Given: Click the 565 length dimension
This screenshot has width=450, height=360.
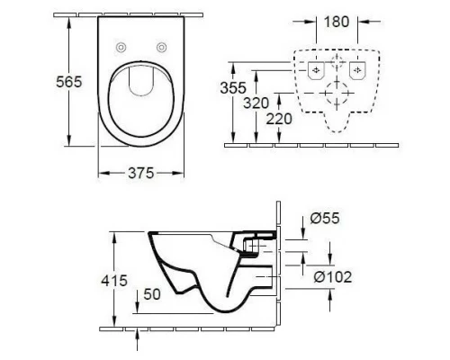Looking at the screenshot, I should pos(44,81).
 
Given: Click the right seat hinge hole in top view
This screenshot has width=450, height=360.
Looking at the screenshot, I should pos(162,47).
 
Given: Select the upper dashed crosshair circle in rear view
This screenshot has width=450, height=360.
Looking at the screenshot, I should pos(339,64).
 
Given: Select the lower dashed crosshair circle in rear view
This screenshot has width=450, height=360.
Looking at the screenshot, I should pos(339,94).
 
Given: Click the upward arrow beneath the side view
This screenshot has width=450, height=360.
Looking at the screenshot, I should pos(136,337).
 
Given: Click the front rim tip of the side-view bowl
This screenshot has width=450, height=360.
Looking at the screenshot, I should pos(145,236).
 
